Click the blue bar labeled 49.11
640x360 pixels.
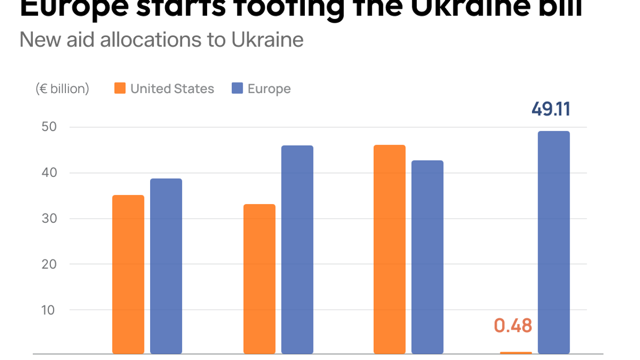coord(554,242)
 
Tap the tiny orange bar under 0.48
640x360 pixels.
coord(516,353)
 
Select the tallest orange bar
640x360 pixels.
coord(390,249)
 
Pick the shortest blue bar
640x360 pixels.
coord(166,265)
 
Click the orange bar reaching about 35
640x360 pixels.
coord(128,274)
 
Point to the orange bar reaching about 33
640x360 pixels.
coord(259,279)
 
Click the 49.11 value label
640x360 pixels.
coord(551,110)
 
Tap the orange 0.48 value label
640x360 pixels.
coord(513,326)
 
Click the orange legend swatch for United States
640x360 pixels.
coord(120,88)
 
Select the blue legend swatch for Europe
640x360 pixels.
coord(237,88)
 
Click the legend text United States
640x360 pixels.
coord(172,89)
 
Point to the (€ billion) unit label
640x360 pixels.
coord(62,89)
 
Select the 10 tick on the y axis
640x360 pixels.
coord(48,310)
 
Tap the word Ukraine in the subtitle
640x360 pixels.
coord(267,40)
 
